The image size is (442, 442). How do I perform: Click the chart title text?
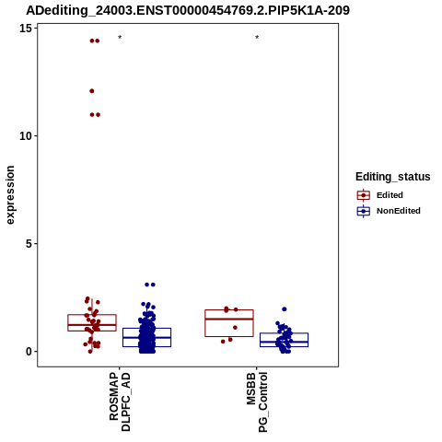pyautogui.click(x=188, y=11)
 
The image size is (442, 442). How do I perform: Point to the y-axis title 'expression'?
pyautogui.click(x=10, y=195)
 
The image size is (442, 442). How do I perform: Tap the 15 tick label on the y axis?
pyautogui.click(x=26, y=29)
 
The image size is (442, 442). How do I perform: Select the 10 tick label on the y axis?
pyautogui.click(x=26, y=136)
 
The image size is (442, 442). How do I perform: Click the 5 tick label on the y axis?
pyautogui.click(x=29, y=244)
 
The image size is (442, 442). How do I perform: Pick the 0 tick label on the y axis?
pyautogui.click(x=29, y=352)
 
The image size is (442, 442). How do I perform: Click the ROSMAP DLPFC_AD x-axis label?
pyautogui.click(x=120, y=402)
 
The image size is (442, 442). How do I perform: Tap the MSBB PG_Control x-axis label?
pyautogui.click(x=257, y=402)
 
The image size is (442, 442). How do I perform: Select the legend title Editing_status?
pyautogui.click(x=393, y=177)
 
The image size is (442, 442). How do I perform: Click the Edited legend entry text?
pyautogui.click(x=390, y=195)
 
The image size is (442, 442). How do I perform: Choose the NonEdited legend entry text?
pyautogui.click(x=399, y=211)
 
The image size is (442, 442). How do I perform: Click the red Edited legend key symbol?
pyautogui.click(x=364, y=195)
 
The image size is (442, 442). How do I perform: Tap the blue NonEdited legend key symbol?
pyautogui.click(x=364, y=211)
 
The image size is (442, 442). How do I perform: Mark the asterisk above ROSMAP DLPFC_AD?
pyautogui.click(x=120, y=37)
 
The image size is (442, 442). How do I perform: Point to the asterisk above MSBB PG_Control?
pyautogui.click(x=257, y=37)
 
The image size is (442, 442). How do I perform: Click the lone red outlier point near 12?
pyautogui.click(x=92, y=91)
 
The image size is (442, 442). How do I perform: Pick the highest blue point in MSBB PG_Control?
pyautogui.click(x=285, y=309)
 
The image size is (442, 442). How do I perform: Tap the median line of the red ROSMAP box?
pyautogui.click(x=92, y=325)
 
